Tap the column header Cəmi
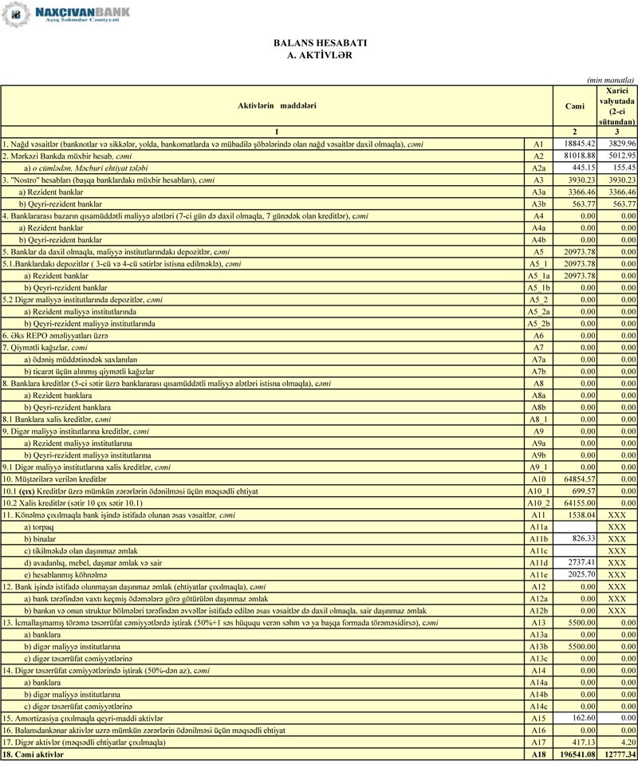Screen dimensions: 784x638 point(574,105)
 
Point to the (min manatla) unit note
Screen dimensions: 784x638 point(610,80)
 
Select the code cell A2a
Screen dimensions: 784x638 point(538,167)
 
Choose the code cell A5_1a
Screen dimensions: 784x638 point(538,275)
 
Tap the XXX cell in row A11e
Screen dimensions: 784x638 point(617,575)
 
